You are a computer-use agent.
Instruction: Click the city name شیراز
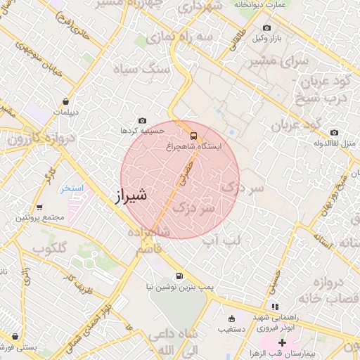[x=130, y=194]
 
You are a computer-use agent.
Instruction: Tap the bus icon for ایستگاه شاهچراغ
[x=193, y=136]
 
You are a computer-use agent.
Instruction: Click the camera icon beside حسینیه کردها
[x=143, y=121]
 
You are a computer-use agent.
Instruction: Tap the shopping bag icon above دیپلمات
[x=65, y=101]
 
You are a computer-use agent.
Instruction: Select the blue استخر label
[x=72, y=188]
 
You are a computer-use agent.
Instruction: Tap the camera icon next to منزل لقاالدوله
[x=334, y=132]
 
